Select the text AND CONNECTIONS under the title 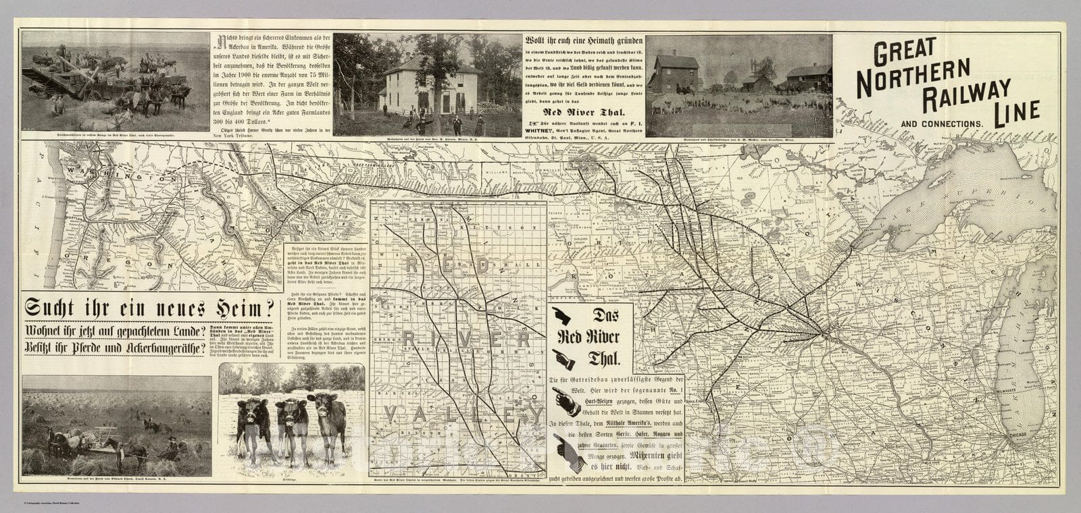point(940,124)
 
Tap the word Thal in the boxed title point(611,358)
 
